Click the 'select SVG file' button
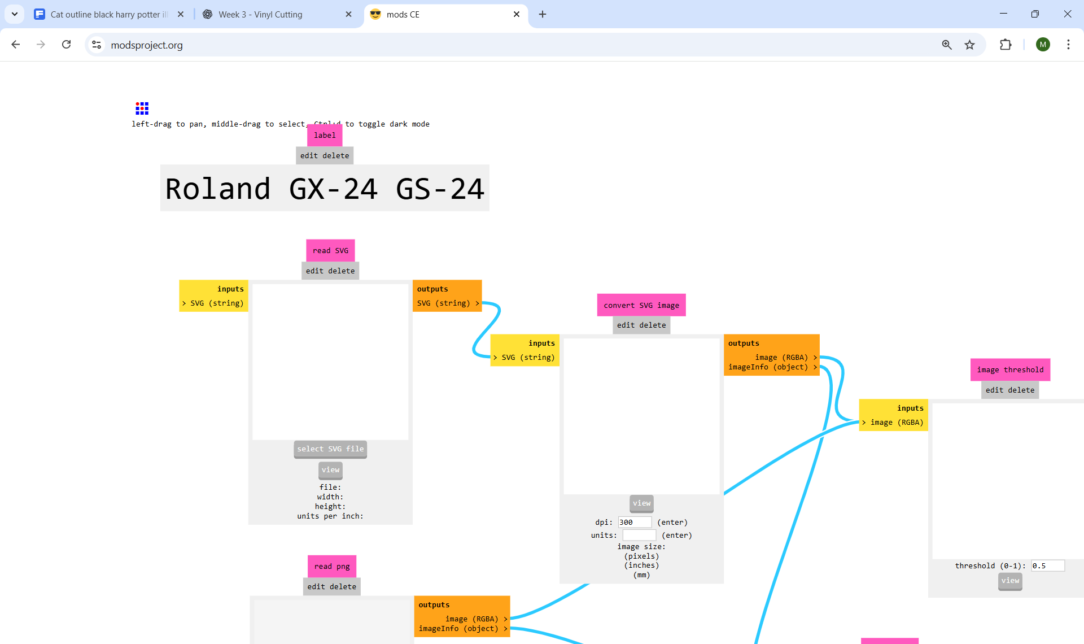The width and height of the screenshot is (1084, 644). click(x=330, y=449)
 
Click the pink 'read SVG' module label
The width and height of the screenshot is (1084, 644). click(x=330, y=250)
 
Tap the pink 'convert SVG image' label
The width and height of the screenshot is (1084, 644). click(x=641, y=305)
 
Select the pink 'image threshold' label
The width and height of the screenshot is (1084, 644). click(x=1010, y=369)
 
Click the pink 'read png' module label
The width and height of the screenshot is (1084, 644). click(x=332, y=566)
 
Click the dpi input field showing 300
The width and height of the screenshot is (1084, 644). click(x=635, y=522)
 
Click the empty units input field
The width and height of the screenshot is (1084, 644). click(x=639, y=535)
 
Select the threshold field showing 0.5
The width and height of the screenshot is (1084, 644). click(x=1047, y=565)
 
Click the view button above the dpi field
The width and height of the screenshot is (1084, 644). click(x=641, y=503)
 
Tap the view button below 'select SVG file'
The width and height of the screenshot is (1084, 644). click(x=330, y=469)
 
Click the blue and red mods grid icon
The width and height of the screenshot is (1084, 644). click(x=142, y=108)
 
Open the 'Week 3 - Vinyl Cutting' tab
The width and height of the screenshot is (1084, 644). click(x=260, y=15)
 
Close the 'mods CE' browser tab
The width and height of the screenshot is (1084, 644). click(x=517, y=15)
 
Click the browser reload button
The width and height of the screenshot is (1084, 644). click(x=67, y=45)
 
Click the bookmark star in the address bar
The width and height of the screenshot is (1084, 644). click(x=969, y=45)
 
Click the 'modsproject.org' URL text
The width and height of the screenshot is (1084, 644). click(x=147, y=45)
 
